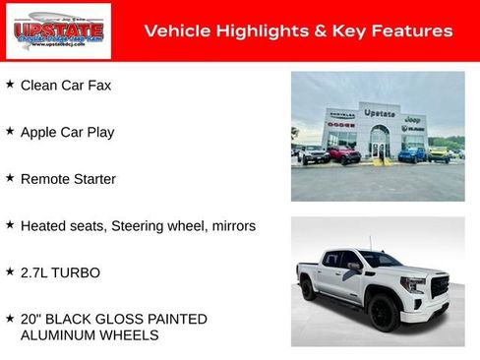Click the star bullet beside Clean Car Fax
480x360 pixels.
[10, 85]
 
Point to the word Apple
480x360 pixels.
[40, 132]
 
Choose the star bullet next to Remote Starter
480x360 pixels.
[10, 178]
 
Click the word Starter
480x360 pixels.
[90, 179]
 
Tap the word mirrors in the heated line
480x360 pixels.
[232, 226]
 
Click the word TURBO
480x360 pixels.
[79, 272]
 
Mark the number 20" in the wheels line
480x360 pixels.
[31, 319]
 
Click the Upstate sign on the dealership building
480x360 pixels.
[379, 113]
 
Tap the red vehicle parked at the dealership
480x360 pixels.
[343, 154]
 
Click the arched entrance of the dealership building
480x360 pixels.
[379, 143]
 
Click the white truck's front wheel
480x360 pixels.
[384, 313]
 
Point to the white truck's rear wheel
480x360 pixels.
[308, 289]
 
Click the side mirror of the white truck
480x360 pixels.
[353, 267]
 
